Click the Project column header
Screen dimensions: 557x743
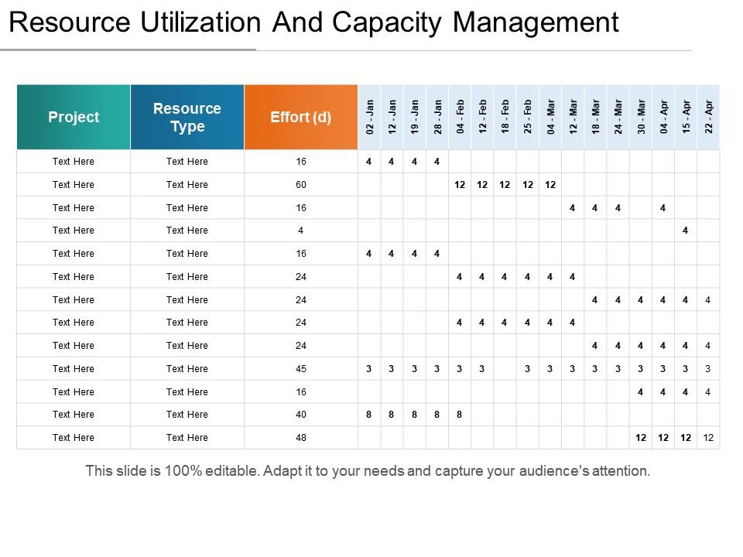[x=74, y=117]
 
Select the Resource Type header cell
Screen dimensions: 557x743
[x=187, y=117]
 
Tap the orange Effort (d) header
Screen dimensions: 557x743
[x=300, y=117]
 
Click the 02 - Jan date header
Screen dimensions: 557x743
[x=369, y=117]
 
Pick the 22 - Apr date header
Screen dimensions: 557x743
[x=708, y=117]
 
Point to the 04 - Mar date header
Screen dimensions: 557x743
[x=550, y=117]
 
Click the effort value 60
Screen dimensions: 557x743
[x=300, y=185]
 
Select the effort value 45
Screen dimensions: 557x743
[x=300, y=369]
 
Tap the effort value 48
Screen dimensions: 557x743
[x=300, y=438]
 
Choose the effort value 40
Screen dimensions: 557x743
[x=300, y=415]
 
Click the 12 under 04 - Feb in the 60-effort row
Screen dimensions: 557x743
[x=460, y=185]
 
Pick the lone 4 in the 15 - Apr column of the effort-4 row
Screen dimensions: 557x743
[x=686, y=231]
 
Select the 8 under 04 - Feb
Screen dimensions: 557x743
[x=460, y=415]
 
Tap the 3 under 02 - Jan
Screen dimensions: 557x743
[x=369, y=369]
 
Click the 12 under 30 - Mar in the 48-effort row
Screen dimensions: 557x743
[x=641, y=438]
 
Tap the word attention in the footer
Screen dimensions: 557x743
[x=621, y=470]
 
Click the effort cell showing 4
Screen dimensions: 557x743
[x=300, y=231]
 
